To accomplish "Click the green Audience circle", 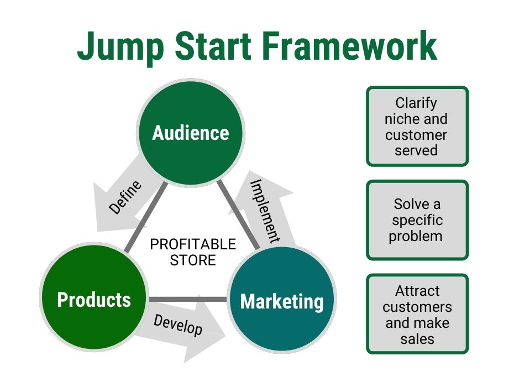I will pos(190,132).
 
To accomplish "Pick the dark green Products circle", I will pos(94,299).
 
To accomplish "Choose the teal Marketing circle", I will pos(282,301).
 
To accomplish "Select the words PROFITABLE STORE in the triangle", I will pos(193,252).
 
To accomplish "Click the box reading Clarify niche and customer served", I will pos(417,126).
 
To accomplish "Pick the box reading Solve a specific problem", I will pos(417,220).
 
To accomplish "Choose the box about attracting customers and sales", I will pos(417,314).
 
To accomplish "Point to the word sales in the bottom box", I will pos(417,338).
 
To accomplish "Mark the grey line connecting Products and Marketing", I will pos(188,300).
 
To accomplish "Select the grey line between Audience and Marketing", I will pos(238,216).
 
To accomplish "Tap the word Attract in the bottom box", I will pos(417,291).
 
